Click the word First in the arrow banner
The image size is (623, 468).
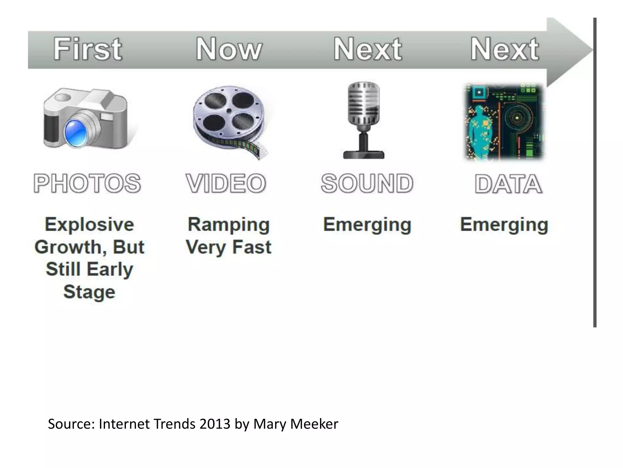pos(88,49)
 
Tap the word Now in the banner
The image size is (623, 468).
pos(228,49)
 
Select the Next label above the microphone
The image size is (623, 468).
pos(367,49)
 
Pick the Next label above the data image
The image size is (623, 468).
pos(505,49)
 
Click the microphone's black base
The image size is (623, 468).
pos(364,154)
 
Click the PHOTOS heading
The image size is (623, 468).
pos(87,183)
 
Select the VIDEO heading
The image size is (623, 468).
pos(226,183)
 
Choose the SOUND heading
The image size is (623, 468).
pos(367,183)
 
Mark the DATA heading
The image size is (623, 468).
pos(508,184)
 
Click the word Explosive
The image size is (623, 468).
pos(89,225)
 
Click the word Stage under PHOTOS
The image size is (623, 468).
pos(89,292)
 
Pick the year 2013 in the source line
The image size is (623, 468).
pos(215,424)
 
